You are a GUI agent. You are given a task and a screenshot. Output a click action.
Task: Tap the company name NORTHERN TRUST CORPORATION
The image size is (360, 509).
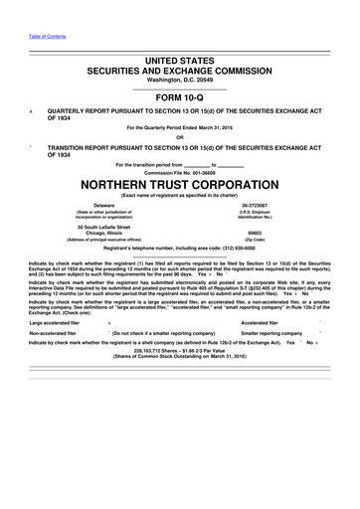point(179,184)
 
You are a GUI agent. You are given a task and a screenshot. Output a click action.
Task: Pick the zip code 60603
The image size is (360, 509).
point(255,233)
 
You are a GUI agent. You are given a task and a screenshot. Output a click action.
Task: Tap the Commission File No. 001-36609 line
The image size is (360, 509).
point(179,170)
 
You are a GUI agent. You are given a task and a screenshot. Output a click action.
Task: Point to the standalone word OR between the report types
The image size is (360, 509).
point(179,136)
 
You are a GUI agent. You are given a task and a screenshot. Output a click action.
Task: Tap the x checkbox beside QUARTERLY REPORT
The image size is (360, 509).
point(33,112)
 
